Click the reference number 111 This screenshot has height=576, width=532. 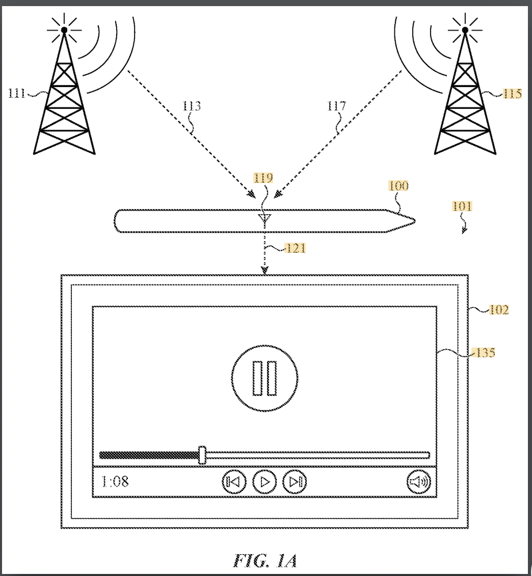tap(18, 93)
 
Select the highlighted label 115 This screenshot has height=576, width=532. tap(512, 93)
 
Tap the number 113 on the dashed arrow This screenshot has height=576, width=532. tap(192, 106)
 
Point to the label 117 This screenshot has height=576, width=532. tap(337, 106)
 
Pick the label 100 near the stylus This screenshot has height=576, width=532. tap(398, 186)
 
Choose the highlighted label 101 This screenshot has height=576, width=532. tap(462, 206)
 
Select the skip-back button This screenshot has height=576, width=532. tap(234, 481)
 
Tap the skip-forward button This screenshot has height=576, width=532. tap(295, 481)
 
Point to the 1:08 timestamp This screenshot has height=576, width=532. tap(115, 481)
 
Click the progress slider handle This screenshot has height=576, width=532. tap(202, 455)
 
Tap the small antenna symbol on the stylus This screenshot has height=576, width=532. tap(263, 219)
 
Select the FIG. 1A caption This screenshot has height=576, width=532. tap(265, 560)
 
